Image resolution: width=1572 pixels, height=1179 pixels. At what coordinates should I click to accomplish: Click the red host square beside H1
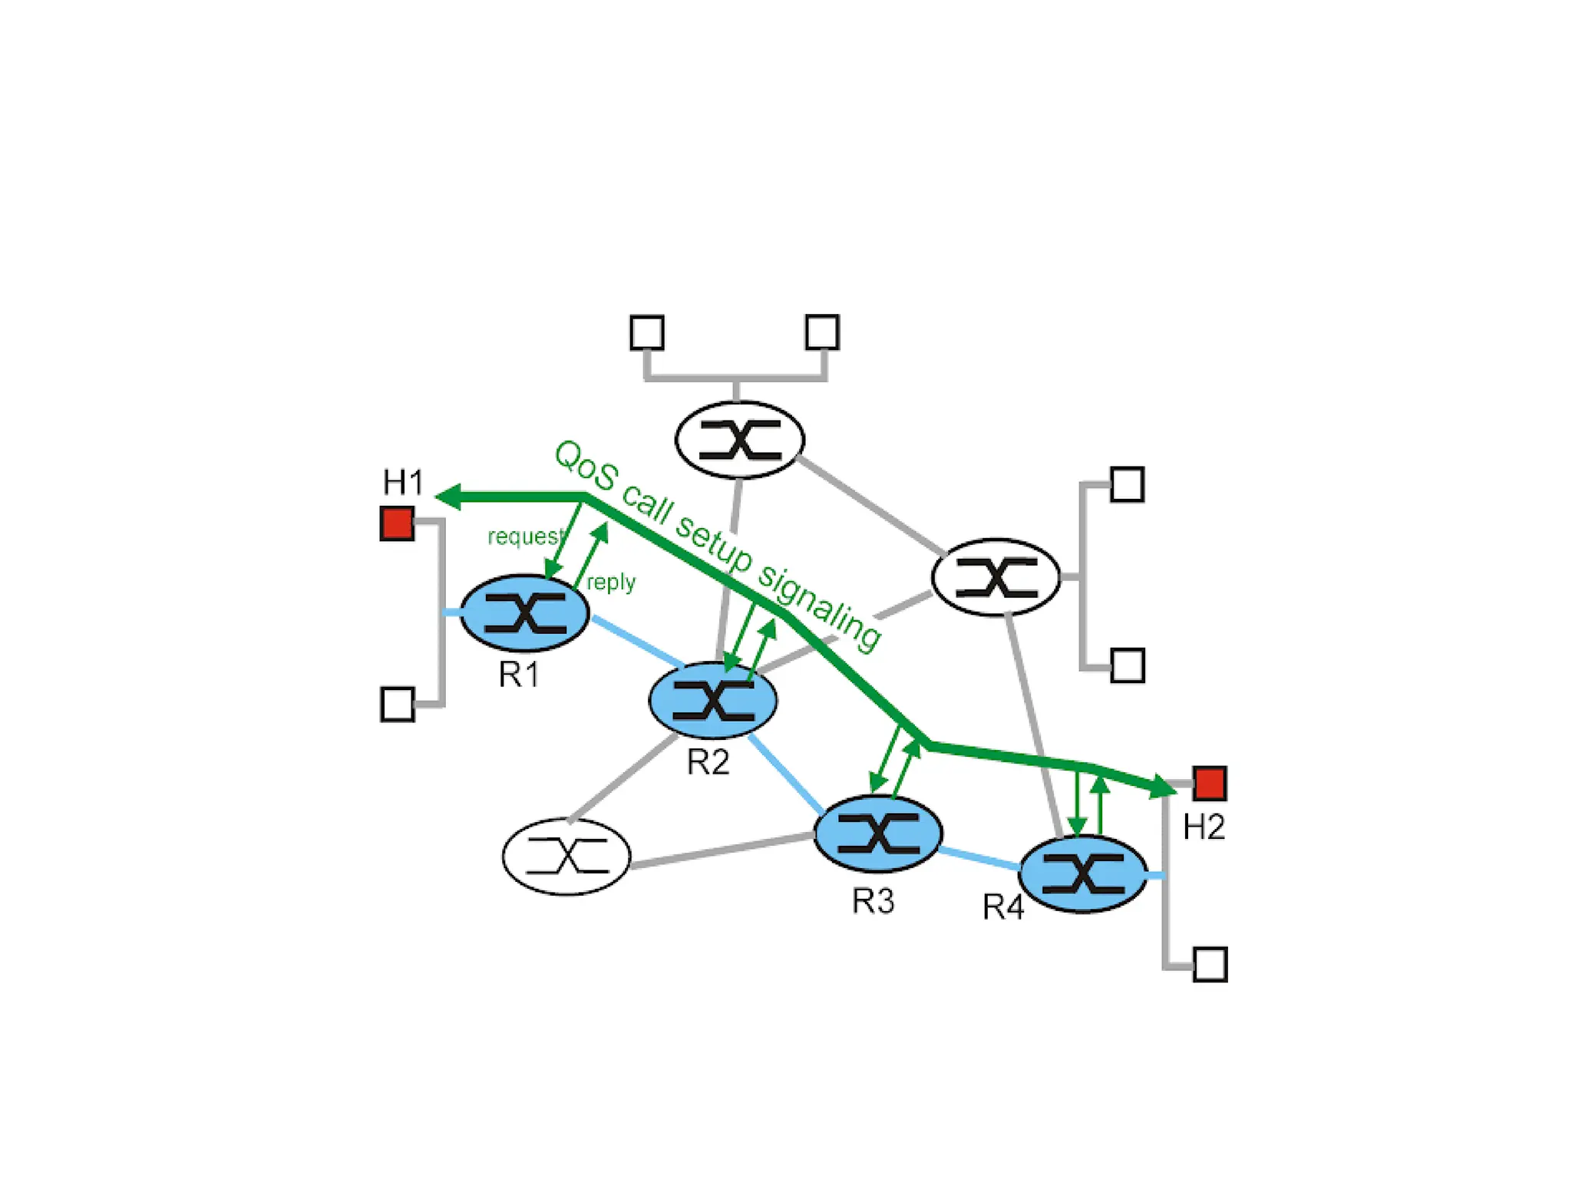pyautogui.click(x=397, y=523)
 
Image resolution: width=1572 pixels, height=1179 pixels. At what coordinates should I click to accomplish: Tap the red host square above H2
pyautogui.click(x=1210, y=783)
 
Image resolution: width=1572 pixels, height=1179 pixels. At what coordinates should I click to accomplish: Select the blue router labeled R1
pyautogui.click(x=525, y=613)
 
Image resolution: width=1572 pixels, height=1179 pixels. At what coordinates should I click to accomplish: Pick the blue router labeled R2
pyautogui.click(x=713, y=700)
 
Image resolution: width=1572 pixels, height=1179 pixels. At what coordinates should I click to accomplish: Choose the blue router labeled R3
pyautogui.click(x=878, y=834)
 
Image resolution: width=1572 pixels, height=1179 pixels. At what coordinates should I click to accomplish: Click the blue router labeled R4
pyautogui.click(x=1083, y=874)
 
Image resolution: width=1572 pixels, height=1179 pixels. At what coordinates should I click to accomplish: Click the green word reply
pyautogui.click(x=611, y=583)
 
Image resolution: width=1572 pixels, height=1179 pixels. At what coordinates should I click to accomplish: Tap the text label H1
pyautogui.click(x=403, y=483)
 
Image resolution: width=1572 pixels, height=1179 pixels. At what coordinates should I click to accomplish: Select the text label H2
pyautogui.click(x=1204, y=827)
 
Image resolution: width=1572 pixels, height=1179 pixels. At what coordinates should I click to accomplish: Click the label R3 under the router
pyautogui.click(x=873, y=901)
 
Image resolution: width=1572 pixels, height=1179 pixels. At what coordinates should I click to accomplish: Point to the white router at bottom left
pyautogui.click(x=566, y=857)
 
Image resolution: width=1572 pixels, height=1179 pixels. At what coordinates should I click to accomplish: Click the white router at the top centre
pyautogui.click(x=740, y=440)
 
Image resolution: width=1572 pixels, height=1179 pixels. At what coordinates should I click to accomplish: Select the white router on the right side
pyautogui.click(x=996, y=577)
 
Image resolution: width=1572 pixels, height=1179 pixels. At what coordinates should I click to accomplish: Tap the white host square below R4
pyautogui.click(x=1210, y=965)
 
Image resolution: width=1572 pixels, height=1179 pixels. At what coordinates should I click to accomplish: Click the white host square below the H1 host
pyautogui.click(x=398, y=704)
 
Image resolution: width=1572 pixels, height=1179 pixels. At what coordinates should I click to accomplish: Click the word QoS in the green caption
pyautogui.click(x=585, y=465)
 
